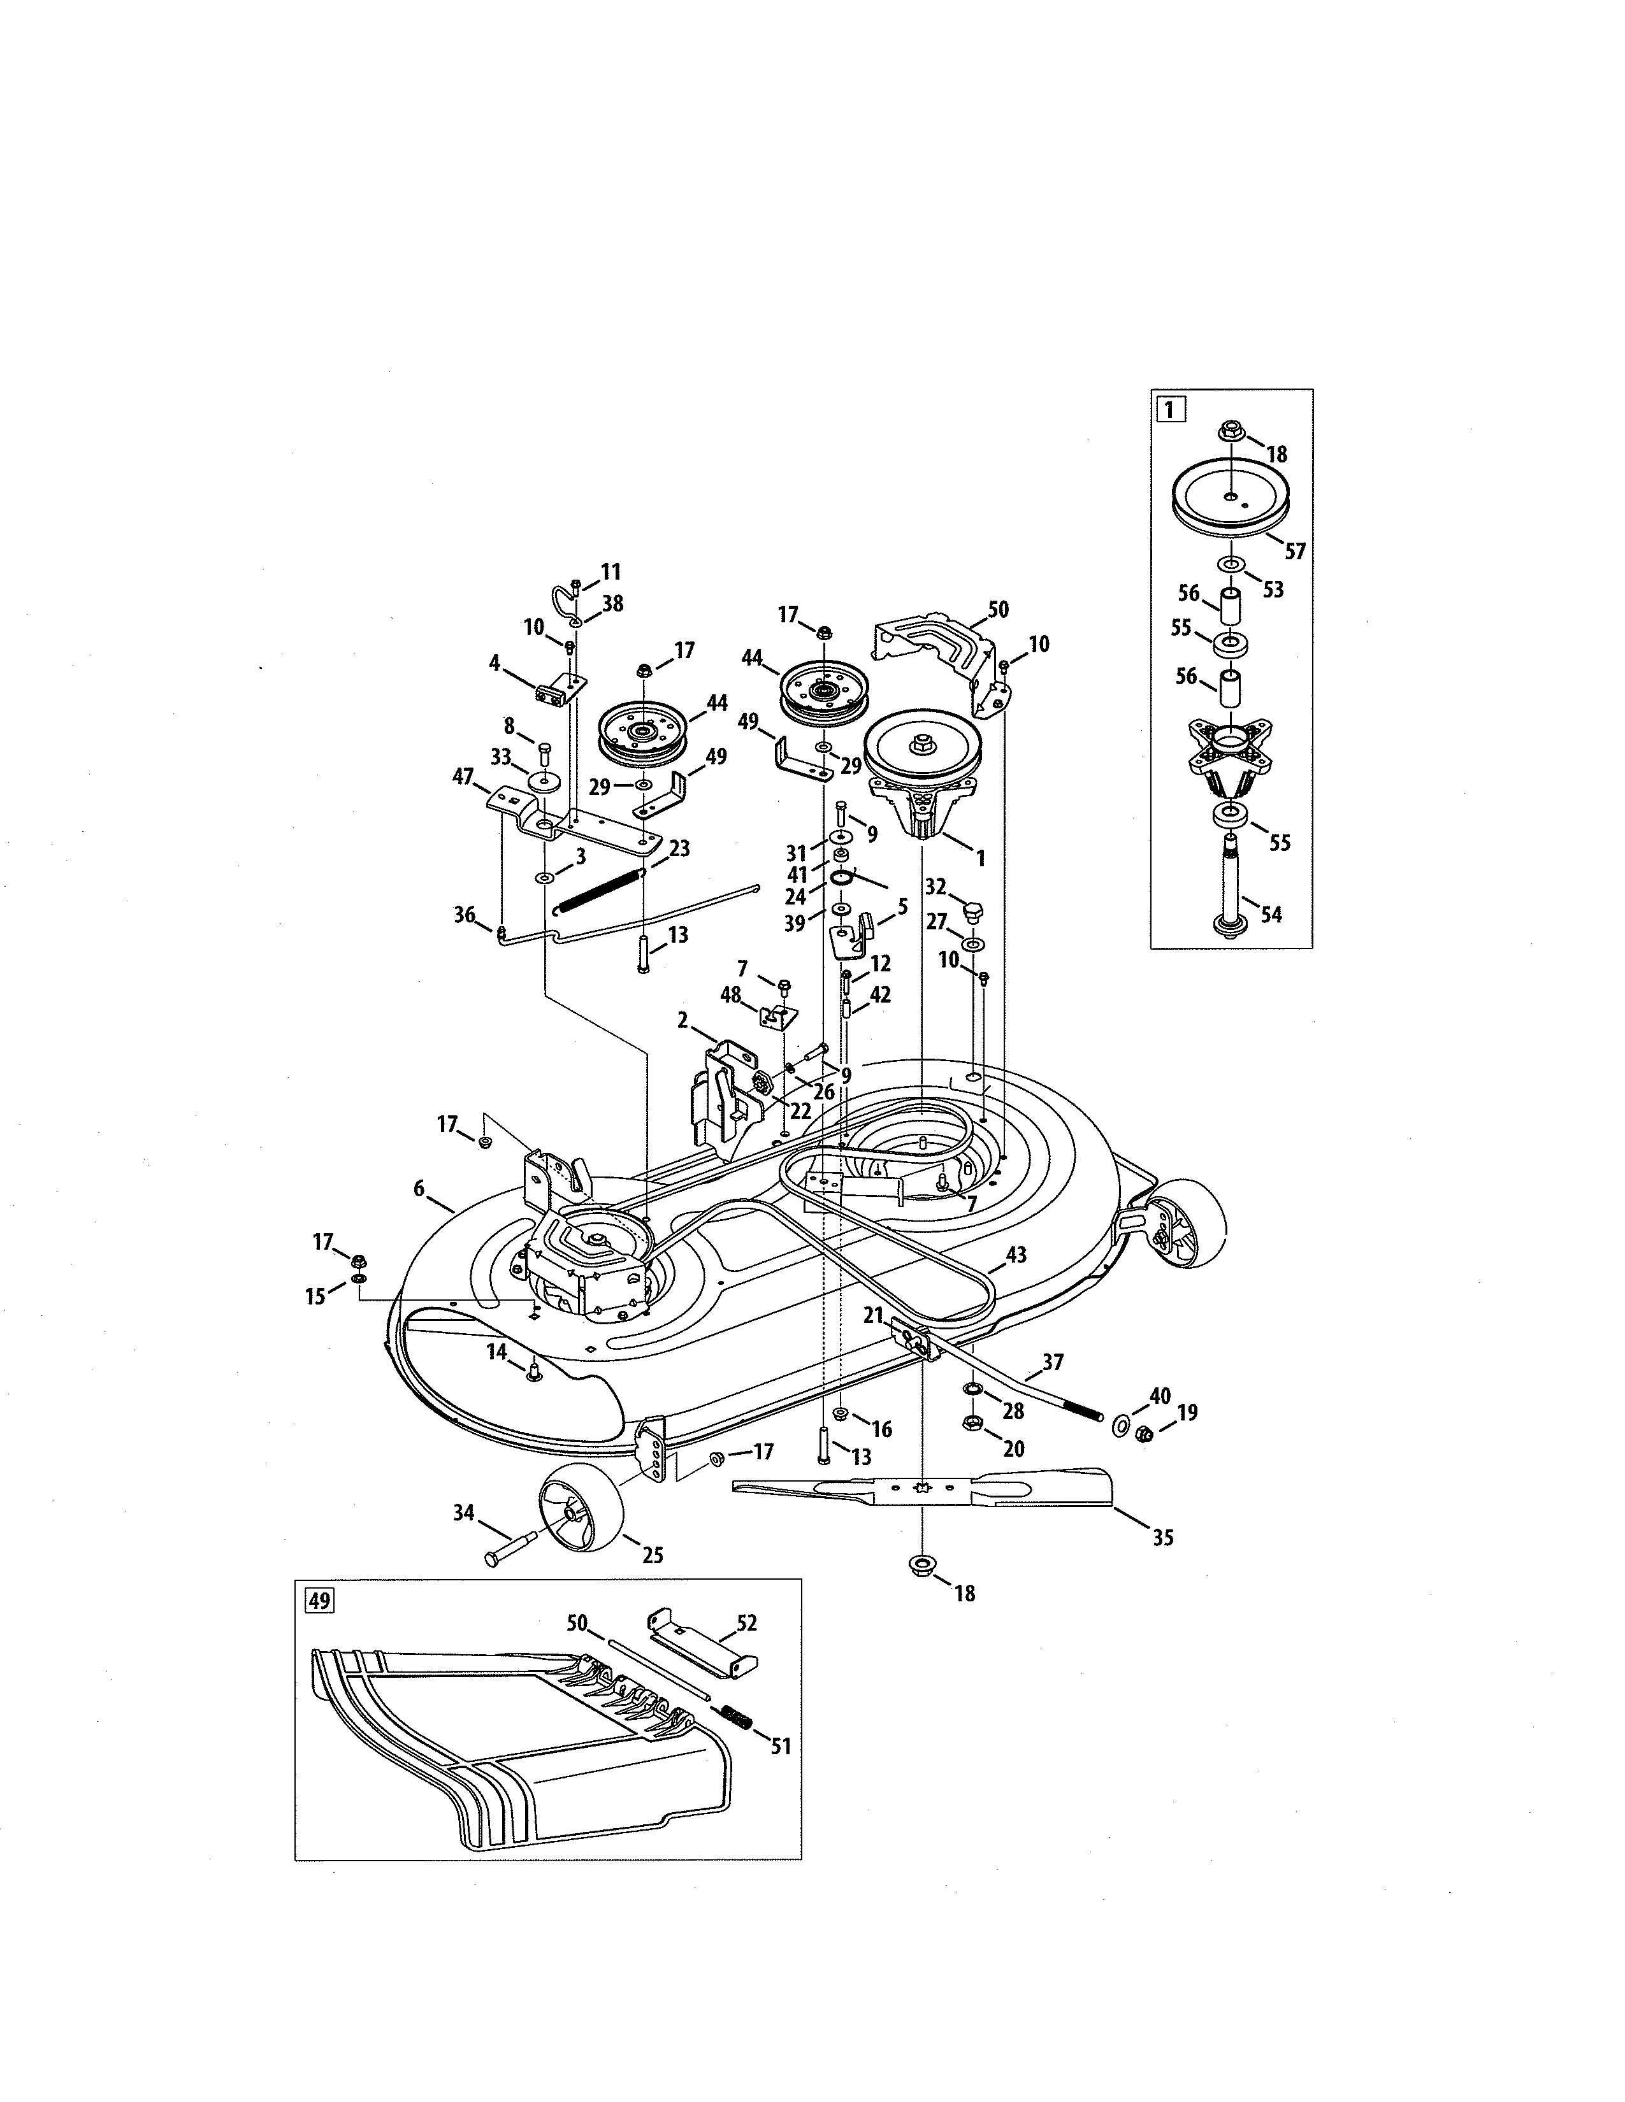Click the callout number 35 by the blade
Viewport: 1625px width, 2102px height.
[1163, 1538]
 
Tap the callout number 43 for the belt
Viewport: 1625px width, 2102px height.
[1016, 1254]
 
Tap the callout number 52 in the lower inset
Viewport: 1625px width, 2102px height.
[746, 1623]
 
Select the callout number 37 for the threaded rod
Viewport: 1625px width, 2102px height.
[1052, 1362]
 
